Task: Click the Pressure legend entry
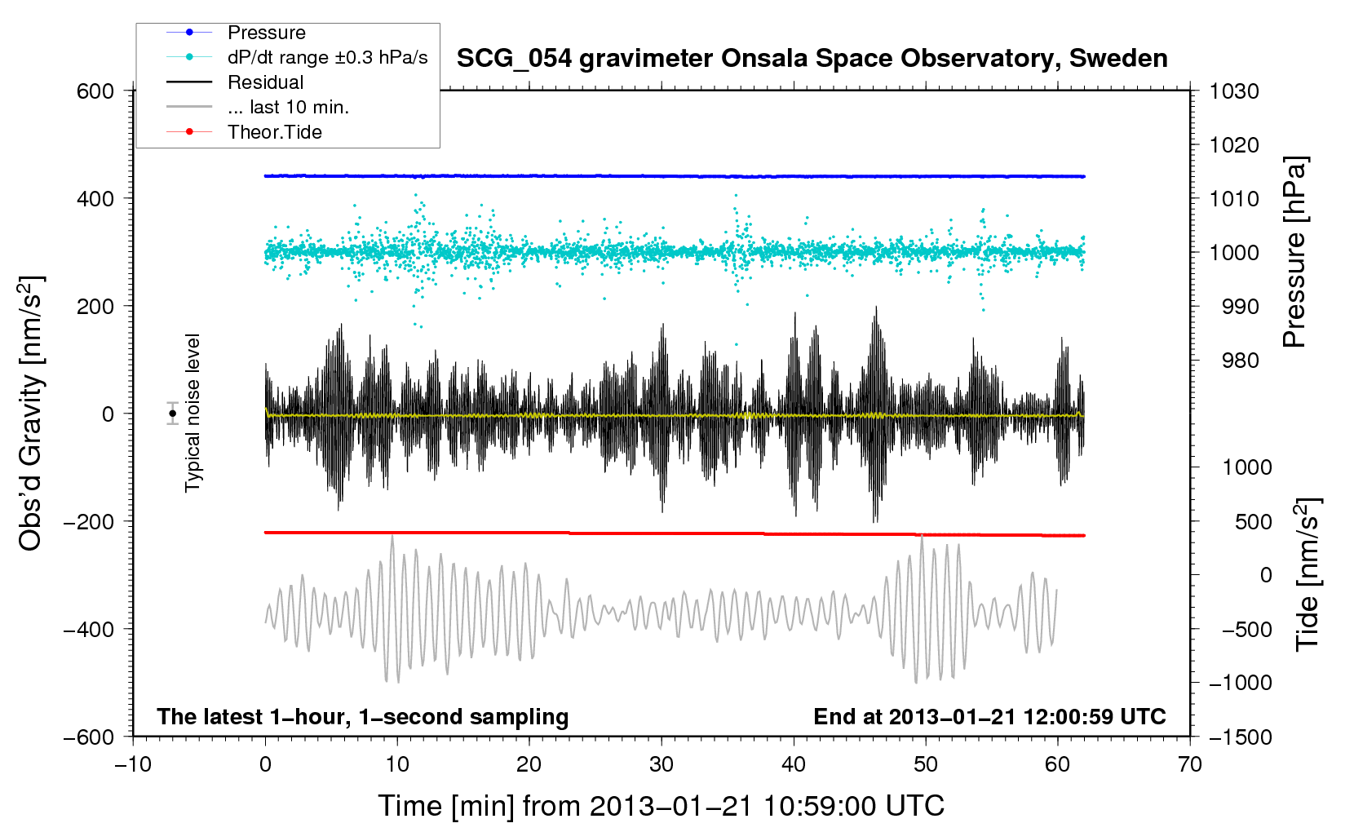tap(236, 32)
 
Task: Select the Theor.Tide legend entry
tap(244, 132)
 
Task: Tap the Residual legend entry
tap(235, 82)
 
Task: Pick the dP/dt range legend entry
tap(297, 57)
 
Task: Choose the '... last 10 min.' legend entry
tap(258, 107)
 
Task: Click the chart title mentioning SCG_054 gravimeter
tap(812, 59)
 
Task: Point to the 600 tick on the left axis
tap(95, 91)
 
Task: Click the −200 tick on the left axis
tap(89, 521)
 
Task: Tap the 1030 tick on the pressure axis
tap(1234, 91)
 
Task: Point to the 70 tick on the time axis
tap(1189, 764)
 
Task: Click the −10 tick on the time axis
tap(133, 764)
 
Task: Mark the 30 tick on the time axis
tap(662, 764)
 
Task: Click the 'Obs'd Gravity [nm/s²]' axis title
tap(30, 414)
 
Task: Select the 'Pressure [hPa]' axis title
tap(1294, 251)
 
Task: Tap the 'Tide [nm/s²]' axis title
tap(1308, 574)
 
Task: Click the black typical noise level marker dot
tap(172, 414)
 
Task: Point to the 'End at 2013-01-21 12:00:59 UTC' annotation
tap(989, 716)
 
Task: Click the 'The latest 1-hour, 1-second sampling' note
tap(363, 717)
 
